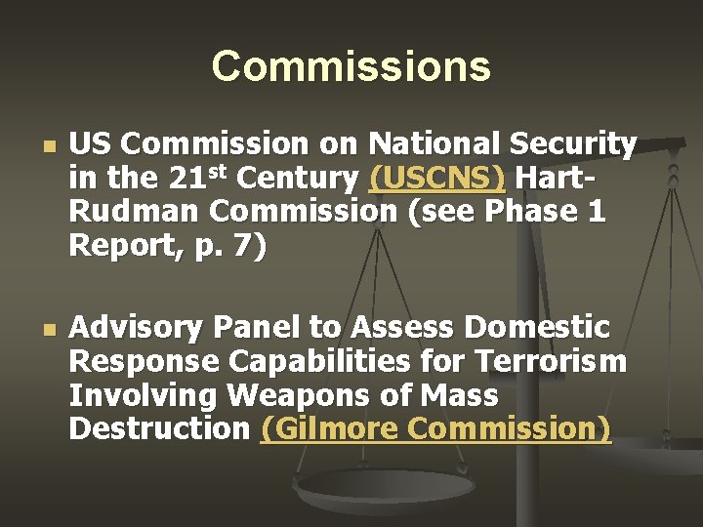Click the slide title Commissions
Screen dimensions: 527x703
pos(351,66)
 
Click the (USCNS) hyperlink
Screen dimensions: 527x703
pos(437,180)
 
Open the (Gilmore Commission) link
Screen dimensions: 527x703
pos(435,427)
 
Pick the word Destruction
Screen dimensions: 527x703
pos(159,428)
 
